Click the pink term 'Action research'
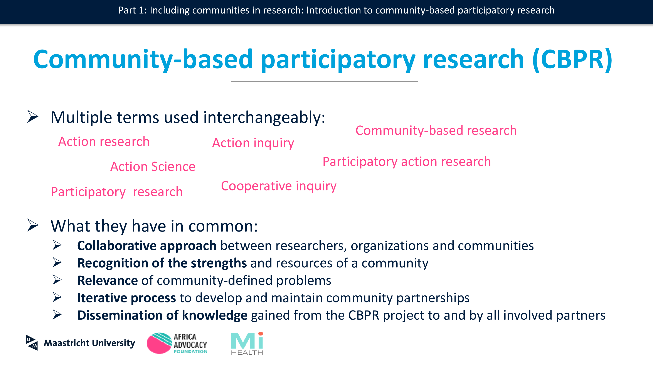point(104,141)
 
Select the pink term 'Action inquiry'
point(253,143)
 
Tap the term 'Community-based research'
point(436,131)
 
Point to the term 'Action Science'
point(153,167)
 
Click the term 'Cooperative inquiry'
point(279,186)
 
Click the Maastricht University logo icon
point(32,343)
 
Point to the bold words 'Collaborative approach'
point(147,246)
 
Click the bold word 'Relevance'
point(108,281)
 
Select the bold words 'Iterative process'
point(126,298)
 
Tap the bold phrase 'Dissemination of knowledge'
point(162,315)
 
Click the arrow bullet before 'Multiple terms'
point(33,117)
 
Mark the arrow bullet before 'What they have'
point(33,225)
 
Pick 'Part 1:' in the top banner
point(133,10)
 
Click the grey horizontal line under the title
point(325,81)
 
